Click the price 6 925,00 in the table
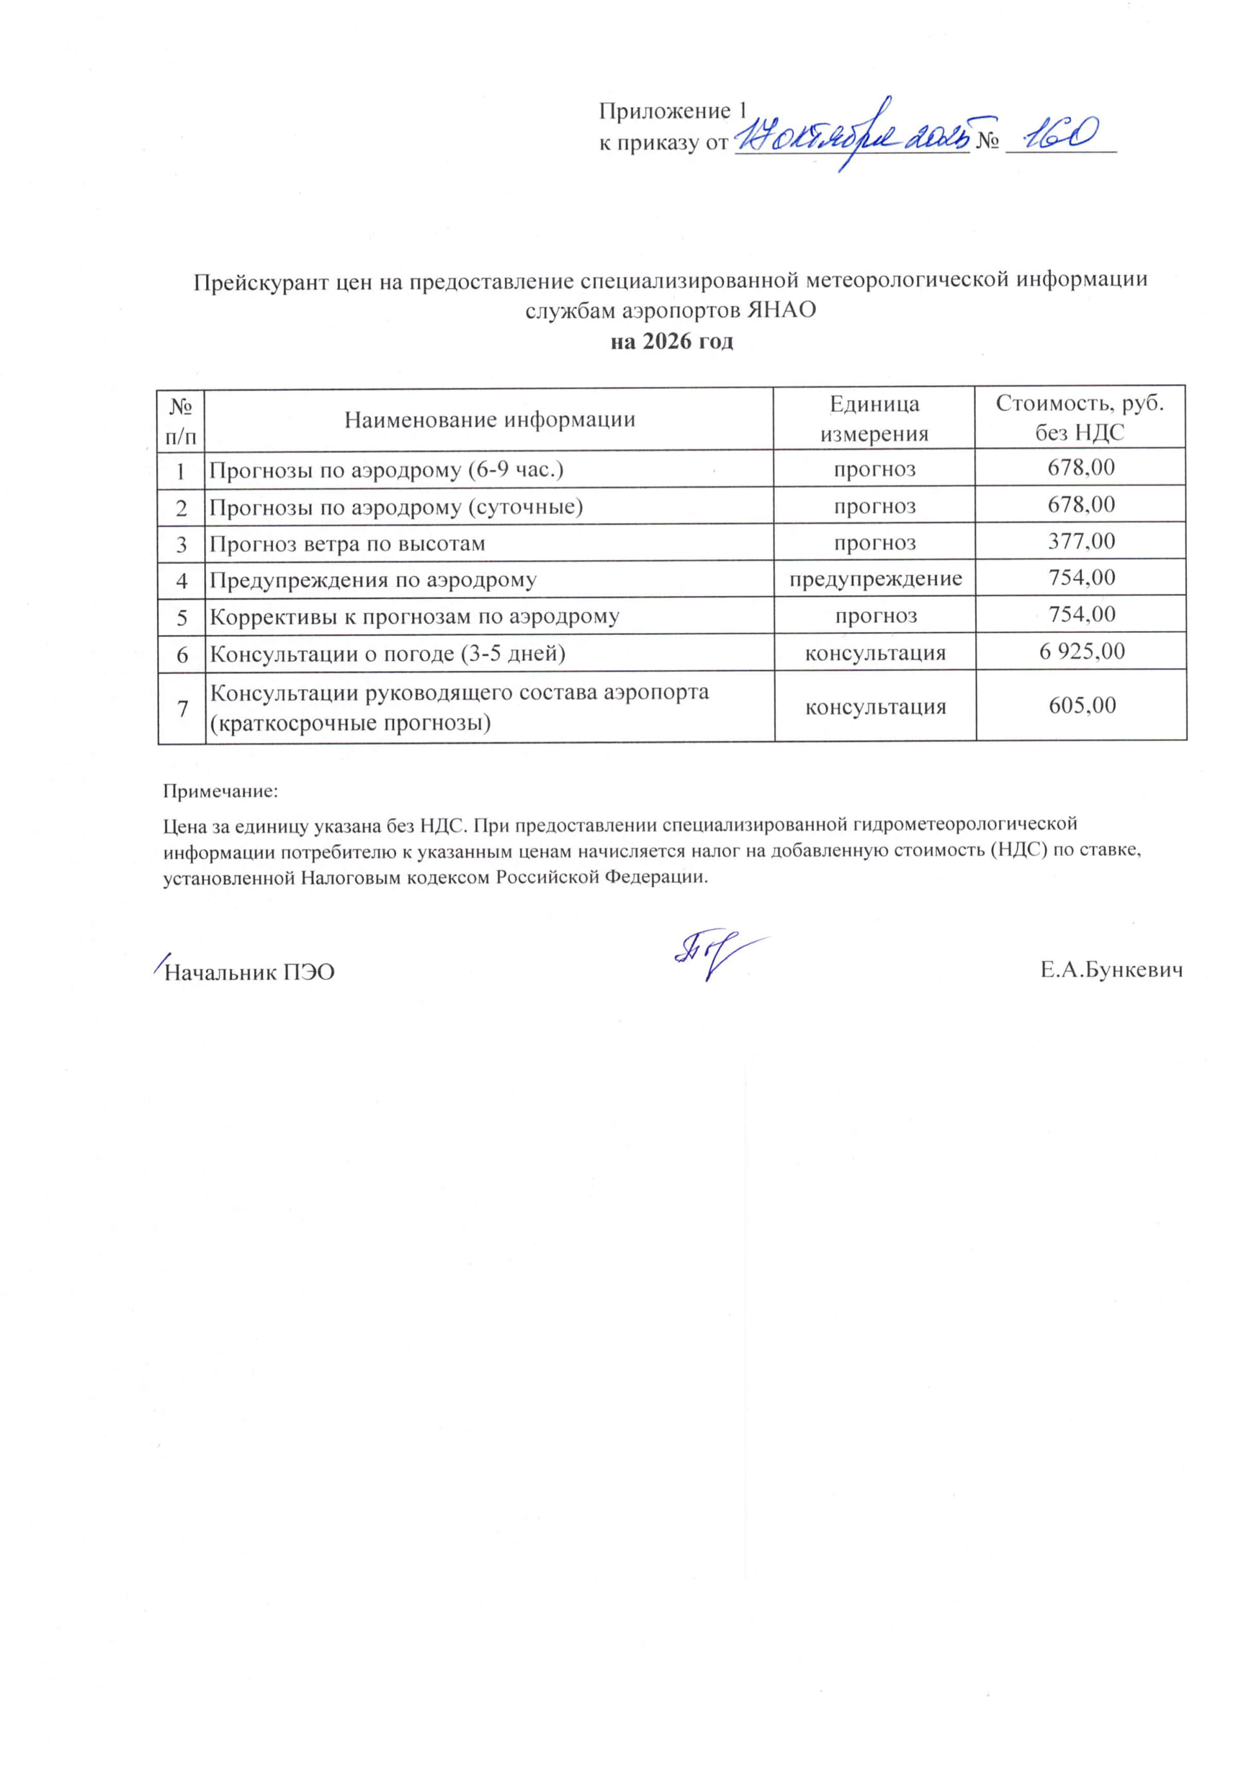coord(1081,651)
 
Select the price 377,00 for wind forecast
coord(1081,541)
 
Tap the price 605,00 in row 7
coord(1081,705)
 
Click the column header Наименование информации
coord(489,419)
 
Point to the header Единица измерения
coord(874,419)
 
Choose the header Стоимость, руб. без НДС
coord(1079,418)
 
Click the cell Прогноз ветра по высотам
coord(348,544)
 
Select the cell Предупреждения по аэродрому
coord(373,580)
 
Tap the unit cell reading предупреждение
coord(875,578)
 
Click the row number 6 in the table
coord(182,654)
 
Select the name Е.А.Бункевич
coord(1111,971)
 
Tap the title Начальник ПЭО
coord(250,972)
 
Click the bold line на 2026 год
coord(671,341)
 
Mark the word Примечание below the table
coord(220,791)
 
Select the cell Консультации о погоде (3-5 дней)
coord(388,654)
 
